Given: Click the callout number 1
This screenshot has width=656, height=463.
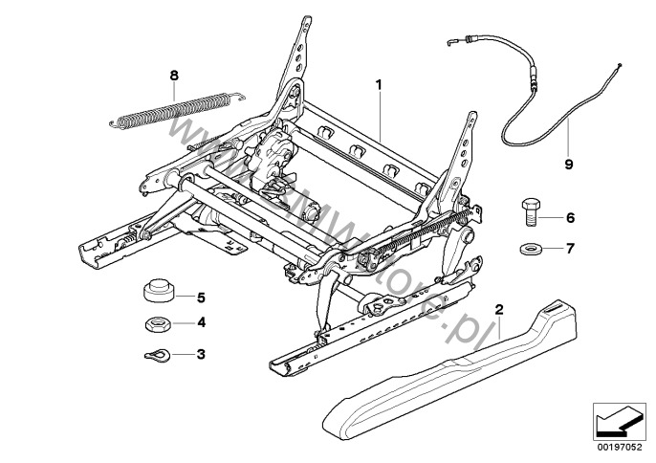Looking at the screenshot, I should click(380, 85).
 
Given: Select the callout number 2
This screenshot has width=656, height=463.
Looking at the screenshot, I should click(498, 310).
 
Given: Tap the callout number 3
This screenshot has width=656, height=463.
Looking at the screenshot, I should click(201, 355).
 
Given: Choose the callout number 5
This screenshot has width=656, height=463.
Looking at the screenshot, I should click(201, 296).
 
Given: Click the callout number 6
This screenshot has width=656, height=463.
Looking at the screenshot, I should click(570, 218).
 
